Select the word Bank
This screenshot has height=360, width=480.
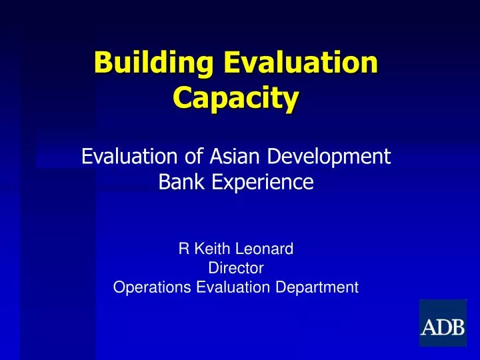point(181,181)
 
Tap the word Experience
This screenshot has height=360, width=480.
point(261,182)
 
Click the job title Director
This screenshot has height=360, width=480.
point(236,269)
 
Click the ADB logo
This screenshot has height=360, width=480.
point(442,323)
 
